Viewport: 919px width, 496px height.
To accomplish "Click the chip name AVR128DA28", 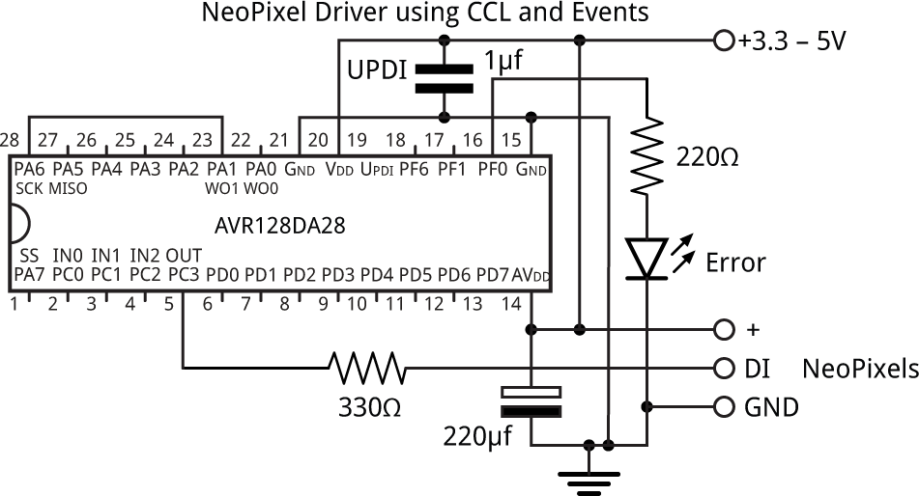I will (279, 227).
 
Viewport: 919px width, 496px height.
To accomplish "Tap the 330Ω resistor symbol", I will (367, 368).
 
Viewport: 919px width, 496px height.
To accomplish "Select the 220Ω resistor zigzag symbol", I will (646, 154).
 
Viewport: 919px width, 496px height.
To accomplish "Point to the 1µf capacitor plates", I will (444, 78).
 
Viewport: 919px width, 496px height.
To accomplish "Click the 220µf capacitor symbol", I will (531, 402).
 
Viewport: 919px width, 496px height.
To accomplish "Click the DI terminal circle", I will (724, 368).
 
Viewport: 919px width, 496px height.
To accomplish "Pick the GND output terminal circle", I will (724, 406).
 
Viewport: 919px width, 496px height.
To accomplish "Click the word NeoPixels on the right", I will (860, 369).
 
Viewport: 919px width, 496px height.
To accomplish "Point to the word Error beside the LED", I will (735, 262).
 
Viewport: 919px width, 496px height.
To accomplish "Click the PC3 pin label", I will (183, 276).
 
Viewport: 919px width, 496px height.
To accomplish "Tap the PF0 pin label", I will (493, 170).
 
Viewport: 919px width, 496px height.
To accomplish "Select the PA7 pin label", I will (28, 276).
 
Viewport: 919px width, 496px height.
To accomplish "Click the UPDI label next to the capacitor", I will (377, 70).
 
